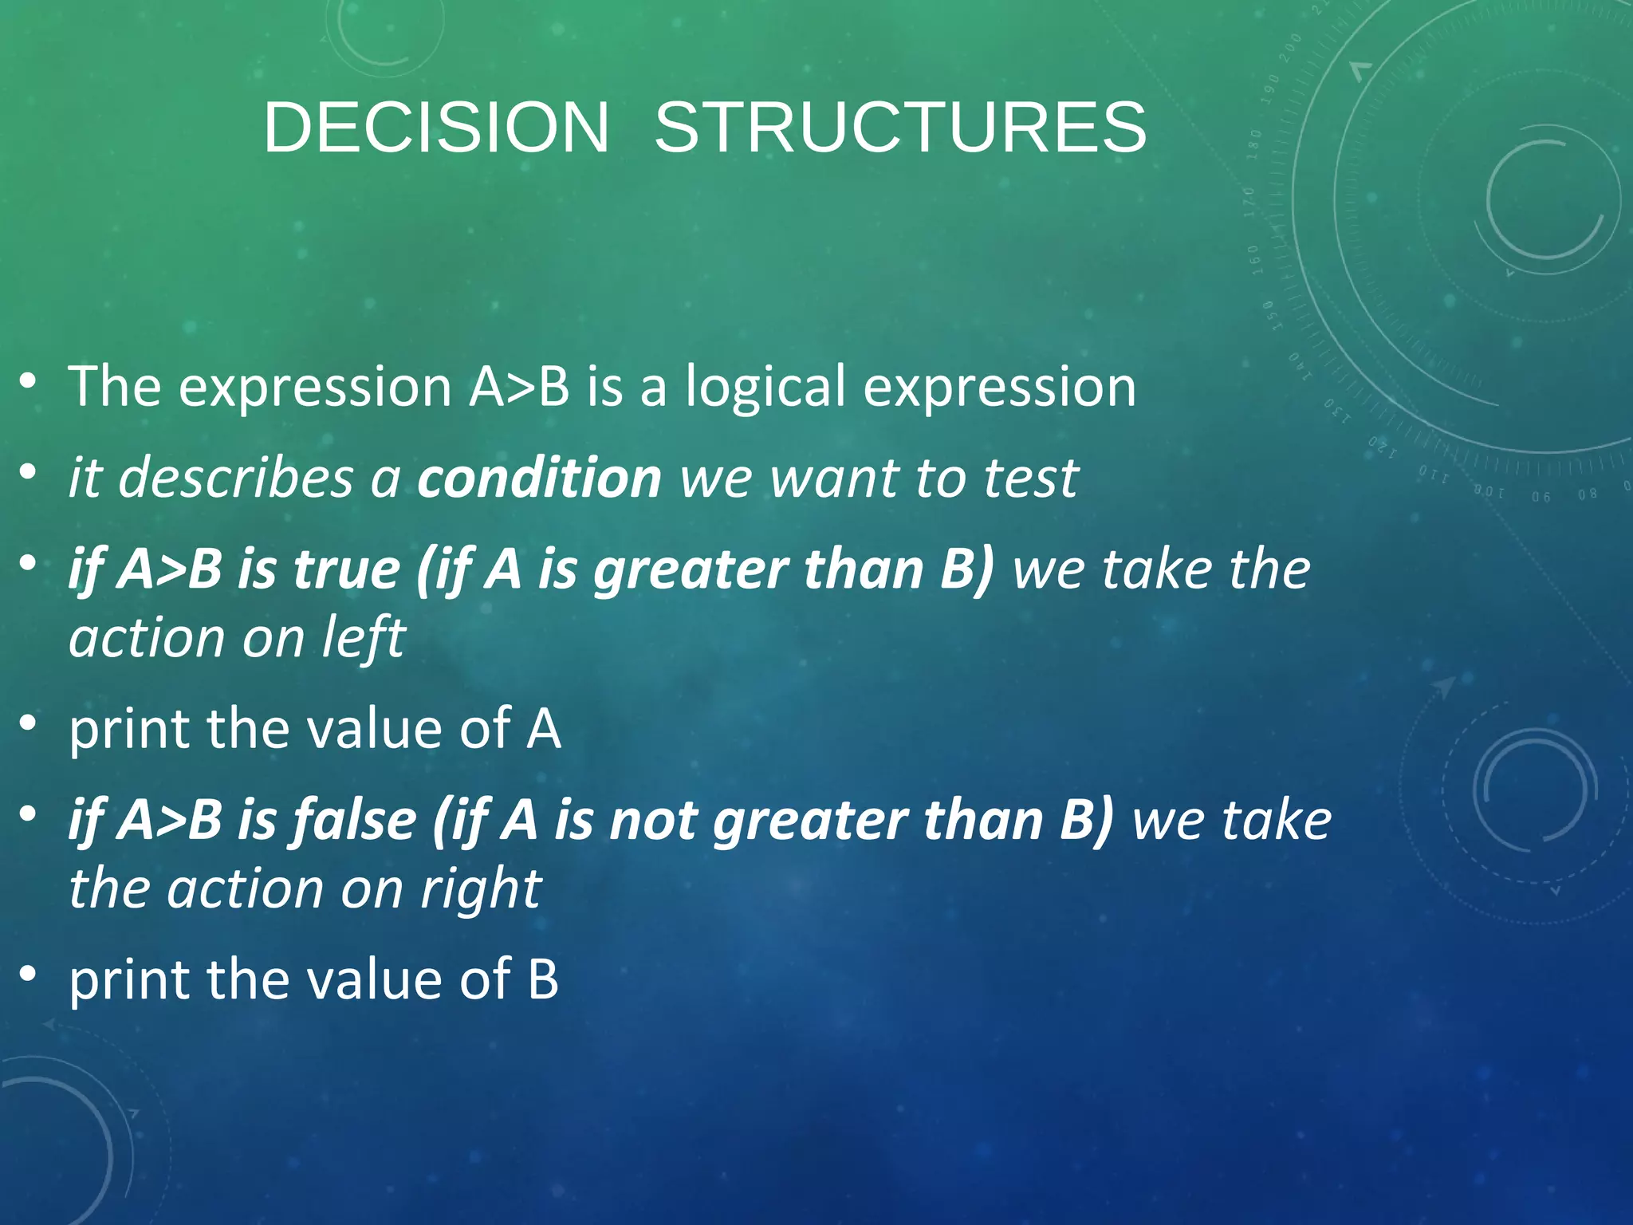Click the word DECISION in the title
click(435, 128)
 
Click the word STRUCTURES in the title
click(900, 128)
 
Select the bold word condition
click(539, 479)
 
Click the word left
click(364, 638)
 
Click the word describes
click(235, 479)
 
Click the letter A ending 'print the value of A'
click(543, 729)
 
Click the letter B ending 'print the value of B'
click(543, 979)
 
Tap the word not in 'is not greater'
click(653, 821)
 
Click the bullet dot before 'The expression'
click(29, 382)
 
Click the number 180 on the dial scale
click(1254, 144)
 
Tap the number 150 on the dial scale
click(1268, 313)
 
